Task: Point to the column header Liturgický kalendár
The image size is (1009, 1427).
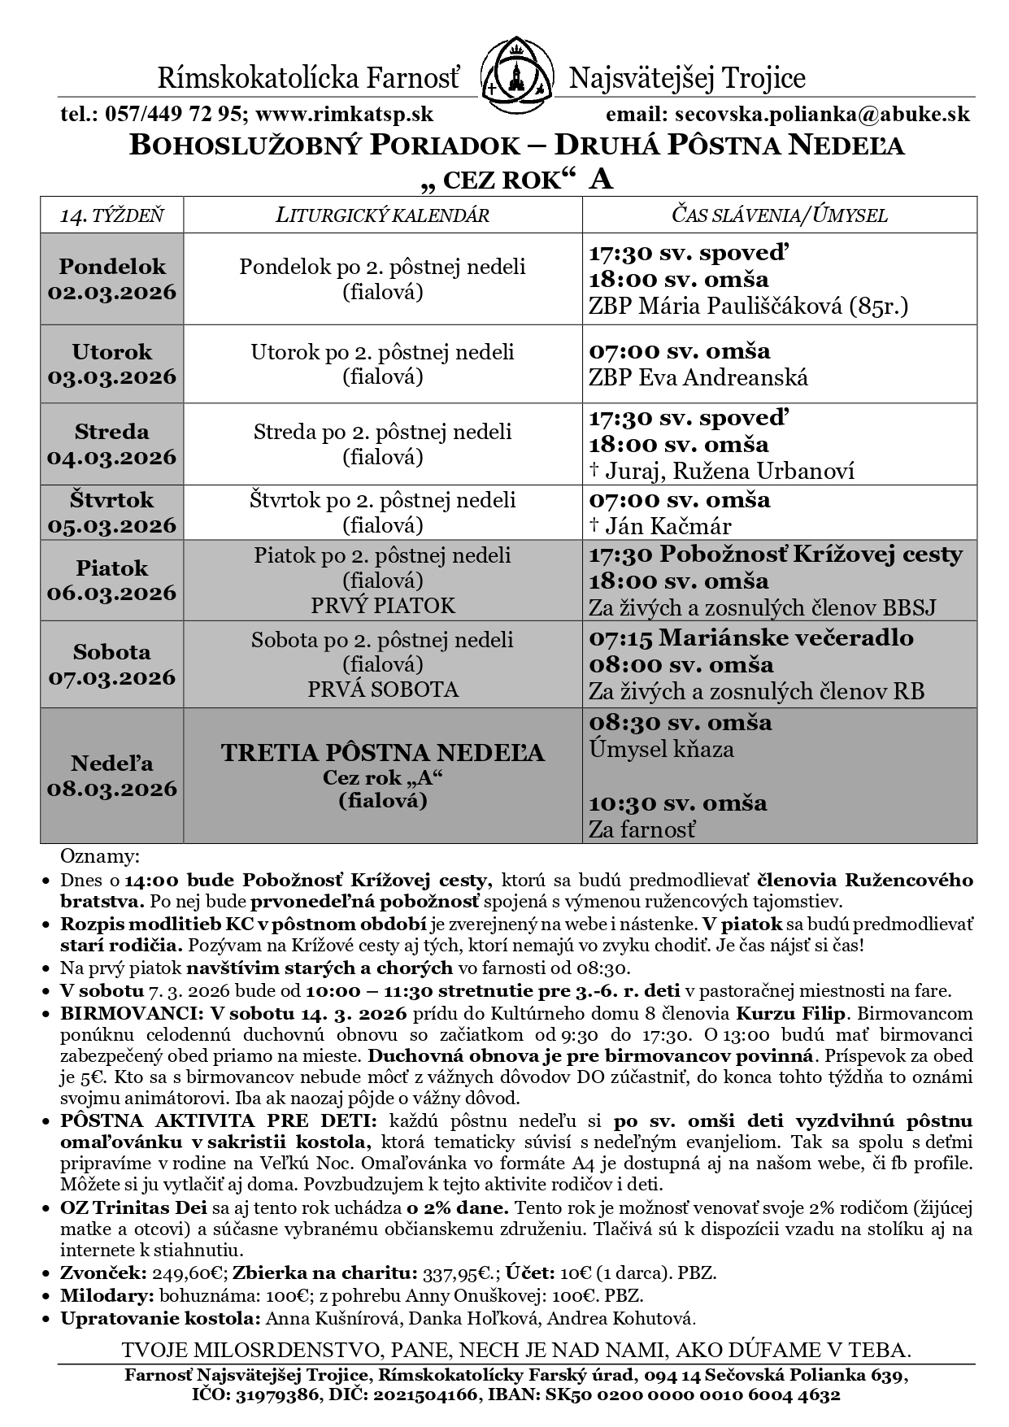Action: (x=382, y=215)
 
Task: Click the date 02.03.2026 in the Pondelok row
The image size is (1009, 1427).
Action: (x=112, y=292)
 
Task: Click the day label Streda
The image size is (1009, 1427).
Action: (x=112, y=431)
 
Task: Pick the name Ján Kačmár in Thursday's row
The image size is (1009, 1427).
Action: (x=670, y=526)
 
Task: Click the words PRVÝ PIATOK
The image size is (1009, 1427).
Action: (x=382, y=606)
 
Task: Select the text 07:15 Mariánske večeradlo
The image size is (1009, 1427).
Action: (x=750, y=637)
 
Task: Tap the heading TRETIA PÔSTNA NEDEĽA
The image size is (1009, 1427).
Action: (x=382, y=753)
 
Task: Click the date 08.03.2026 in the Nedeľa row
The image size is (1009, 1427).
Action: (x=112, y=789)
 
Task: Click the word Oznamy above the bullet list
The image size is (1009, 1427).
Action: (x=98, y=857)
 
